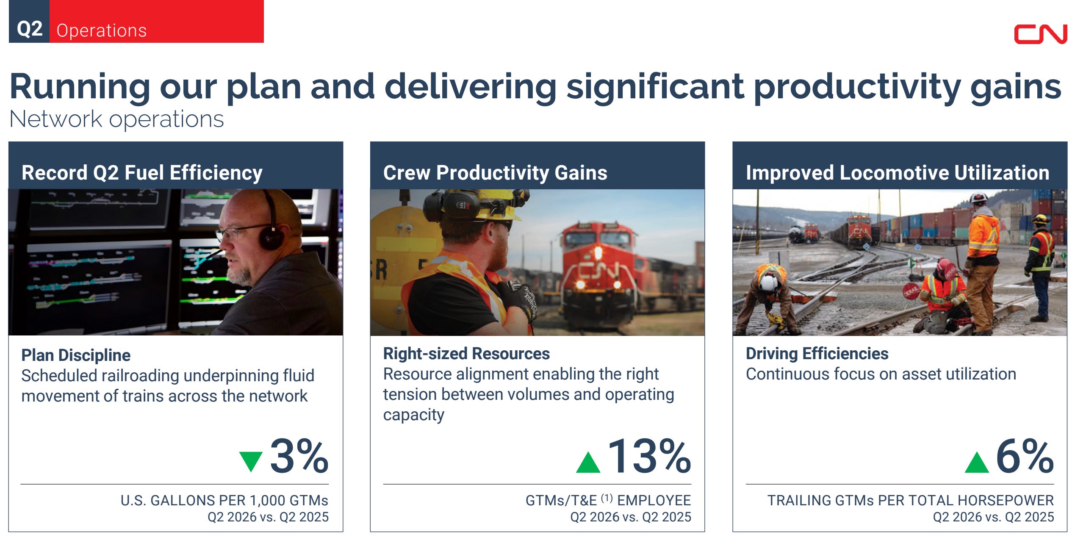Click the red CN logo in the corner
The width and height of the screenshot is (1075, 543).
coord(1040,34)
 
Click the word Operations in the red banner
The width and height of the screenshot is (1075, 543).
coord(102,30)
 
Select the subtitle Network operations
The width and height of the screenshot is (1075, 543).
coord(116,119)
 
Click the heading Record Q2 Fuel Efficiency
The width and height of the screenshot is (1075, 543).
coord(142,173)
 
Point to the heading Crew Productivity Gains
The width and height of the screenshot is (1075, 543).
coord(495,173)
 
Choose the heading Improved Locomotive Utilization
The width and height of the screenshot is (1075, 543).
coord(898,173)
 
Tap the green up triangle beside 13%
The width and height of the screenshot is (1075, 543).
coord(588,462)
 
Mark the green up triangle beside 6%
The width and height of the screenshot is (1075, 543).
coord(976,462)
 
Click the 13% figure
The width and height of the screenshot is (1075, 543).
coord(649,456)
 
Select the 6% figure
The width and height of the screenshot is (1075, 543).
coord(1025,456)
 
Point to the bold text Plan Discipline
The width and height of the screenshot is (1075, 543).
coord(76,355)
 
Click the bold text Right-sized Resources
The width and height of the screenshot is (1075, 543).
coord(466,354)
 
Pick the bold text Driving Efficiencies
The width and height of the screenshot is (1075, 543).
coord(817,354)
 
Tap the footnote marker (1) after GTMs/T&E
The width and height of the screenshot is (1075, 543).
coord(607,498)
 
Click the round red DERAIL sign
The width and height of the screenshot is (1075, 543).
coord(911,291)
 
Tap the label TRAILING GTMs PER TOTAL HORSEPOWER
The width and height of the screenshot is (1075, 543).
coord(911,501)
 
